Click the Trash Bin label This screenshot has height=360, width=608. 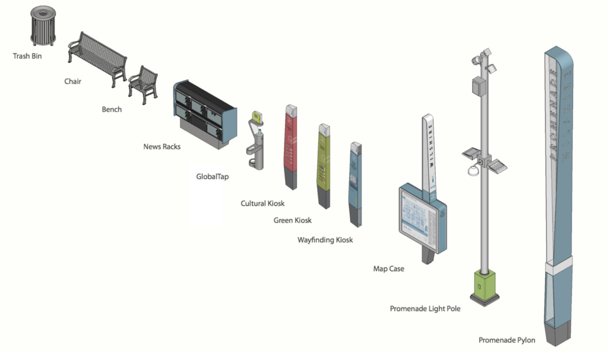27,56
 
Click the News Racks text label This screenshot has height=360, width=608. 161,146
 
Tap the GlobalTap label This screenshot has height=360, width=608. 212,176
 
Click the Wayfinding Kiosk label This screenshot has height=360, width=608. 325,240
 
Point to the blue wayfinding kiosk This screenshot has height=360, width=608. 355,184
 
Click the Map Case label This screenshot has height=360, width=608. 388,269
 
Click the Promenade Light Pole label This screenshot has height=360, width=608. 425,308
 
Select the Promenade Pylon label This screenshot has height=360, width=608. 506,340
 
